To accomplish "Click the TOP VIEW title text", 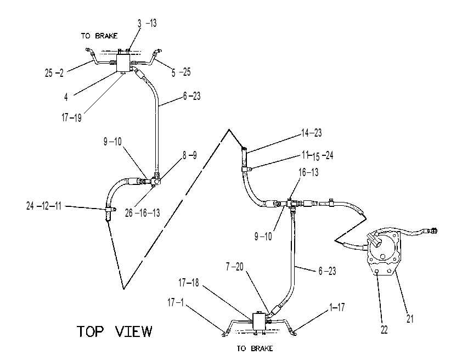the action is (114, 331).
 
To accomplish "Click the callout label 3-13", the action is (147, 23).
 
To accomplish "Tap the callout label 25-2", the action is (54, 73).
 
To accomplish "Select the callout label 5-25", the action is (181, 72).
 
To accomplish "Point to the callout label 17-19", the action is (71, 117).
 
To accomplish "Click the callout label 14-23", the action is (312, 133).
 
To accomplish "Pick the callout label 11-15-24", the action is (317, 155).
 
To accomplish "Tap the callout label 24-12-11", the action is (43, 206).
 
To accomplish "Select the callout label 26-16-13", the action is (142, 213).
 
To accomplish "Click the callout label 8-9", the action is (189, 155).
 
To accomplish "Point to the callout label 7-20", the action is (234, 267).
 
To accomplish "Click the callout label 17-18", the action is (189, 283).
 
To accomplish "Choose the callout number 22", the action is (384, 330).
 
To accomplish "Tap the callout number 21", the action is (410, 318).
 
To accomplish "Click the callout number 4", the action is (66, 97).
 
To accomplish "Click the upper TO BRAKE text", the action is (99, 36).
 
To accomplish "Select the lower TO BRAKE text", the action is (255, 348).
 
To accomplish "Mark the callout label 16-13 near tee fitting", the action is (308, 172).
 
